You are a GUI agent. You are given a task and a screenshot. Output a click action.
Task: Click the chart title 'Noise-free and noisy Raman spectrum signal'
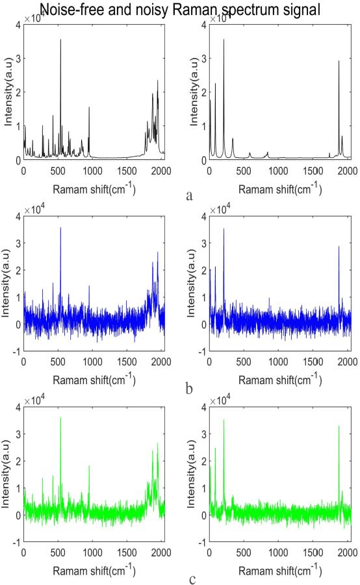tap(180, 8)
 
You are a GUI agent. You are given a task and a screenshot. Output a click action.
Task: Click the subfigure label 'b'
tap(188, 389)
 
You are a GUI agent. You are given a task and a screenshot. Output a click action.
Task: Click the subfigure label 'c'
tap(189, 578)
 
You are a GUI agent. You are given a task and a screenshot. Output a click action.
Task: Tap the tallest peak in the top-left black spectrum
tap(60, 40)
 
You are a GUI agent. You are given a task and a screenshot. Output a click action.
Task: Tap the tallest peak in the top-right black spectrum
tap(224, 40)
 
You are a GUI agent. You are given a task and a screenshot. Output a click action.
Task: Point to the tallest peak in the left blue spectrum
tap(60, 228)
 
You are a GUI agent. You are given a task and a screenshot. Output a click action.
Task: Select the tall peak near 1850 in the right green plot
tap(339, 426)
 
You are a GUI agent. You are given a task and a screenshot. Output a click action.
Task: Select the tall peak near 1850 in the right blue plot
tap(339, 247)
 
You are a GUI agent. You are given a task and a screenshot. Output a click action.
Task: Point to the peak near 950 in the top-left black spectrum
tap(89, 108)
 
